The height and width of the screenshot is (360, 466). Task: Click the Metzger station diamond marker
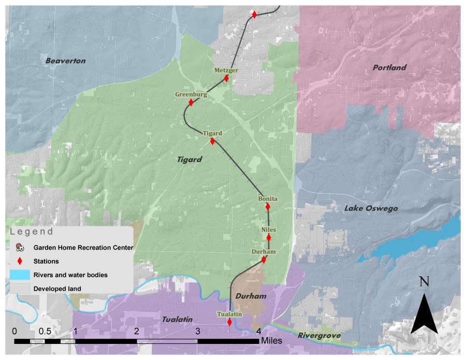click(x=226, y=79)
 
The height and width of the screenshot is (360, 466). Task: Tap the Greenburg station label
click(x=191, y=95)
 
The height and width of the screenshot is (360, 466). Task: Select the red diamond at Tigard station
click(x=212, y=141)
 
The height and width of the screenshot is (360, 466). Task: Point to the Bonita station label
click(x=268, y=199)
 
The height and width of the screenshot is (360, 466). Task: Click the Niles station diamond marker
click(x=269, y=238)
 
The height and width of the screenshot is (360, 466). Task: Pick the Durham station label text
click(x=263, y=252)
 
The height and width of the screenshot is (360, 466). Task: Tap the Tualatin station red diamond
click(x=229, y=322)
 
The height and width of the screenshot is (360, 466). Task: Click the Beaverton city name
click(x=65, y=61)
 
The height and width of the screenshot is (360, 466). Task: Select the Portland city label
click(x=389, y=68)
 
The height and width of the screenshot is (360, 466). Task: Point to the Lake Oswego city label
click(x=371, y=208)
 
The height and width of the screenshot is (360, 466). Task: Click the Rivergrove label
click(x=319, y=336)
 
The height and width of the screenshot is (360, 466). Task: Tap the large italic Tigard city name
click(x=188, y=160)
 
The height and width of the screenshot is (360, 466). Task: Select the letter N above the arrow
click(x=425, y=282)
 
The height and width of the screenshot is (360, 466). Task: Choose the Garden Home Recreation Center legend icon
click(x=20, y=248)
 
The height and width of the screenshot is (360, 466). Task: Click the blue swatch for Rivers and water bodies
click(x=20, y=275)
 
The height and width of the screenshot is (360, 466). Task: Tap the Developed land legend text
click(x=57, y=289)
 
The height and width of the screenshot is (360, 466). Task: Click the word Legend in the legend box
click(x=32, y=232)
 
